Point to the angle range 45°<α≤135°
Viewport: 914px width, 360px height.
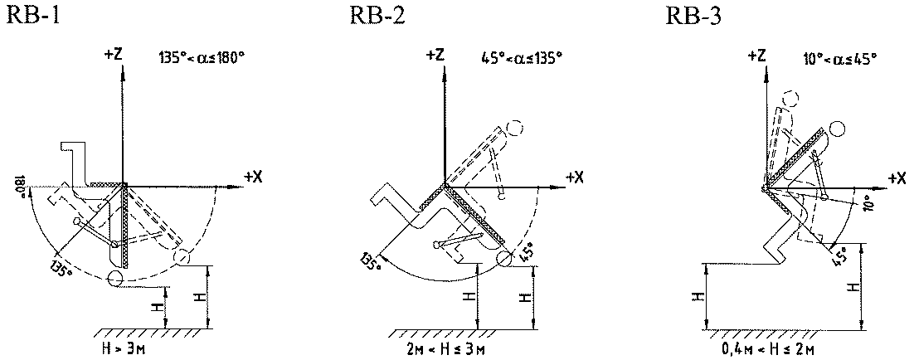[521, 58]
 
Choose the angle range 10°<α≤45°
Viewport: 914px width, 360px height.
[840, 58]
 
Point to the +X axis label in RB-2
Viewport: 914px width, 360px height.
[573, 177]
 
